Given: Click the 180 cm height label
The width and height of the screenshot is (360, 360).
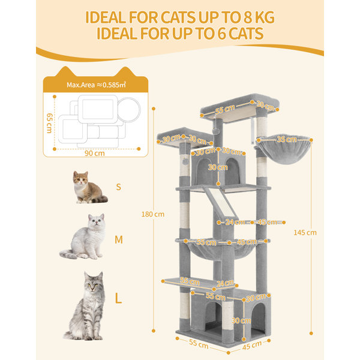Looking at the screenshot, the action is pos(153,214).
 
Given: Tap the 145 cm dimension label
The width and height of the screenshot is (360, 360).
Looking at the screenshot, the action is pos(305,233).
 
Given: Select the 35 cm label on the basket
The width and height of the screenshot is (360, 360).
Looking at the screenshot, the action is pos(287,139).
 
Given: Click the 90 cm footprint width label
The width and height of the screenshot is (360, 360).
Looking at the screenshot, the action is pos(95,153).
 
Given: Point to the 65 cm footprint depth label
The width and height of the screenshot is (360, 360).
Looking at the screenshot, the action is pos(49,123).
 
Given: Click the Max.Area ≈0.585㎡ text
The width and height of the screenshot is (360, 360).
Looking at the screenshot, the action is pos(96,85).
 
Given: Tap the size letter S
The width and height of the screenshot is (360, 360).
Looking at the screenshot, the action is pos(118,187).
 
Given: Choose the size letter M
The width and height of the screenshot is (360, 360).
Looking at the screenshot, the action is pos(119,239).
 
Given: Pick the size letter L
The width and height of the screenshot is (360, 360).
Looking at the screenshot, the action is pos(118,298).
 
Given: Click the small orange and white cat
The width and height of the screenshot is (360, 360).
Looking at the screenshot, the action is pos(88,188).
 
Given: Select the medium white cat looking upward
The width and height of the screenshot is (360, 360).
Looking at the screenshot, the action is pos(85,237).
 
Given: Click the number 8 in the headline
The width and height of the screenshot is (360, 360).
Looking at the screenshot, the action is pos(248,17).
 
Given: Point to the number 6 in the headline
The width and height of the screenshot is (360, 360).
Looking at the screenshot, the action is pos(221,34).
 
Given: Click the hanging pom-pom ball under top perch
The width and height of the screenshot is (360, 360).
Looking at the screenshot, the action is pos(215,131).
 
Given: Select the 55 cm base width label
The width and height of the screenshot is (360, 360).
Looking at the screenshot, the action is pos(199,344).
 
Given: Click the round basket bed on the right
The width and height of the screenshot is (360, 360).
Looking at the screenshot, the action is pos(284,149).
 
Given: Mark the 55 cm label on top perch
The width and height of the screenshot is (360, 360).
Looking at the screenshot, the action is pos(225,109).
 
